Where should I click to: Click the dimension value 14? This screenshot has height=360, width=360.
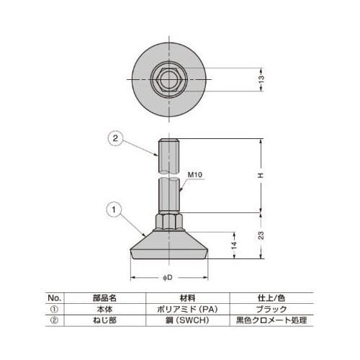pos(233,246)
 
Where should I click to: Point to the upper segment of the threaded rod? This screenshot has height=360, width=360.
pos(168,154)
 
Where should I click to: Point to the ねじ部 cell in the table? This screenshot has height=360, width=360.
pos(106,320)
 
